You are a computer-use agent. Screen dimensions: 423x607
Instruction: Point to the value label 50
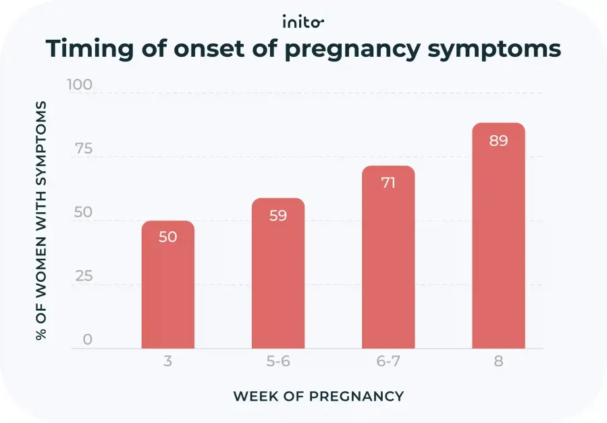tap(167, 237)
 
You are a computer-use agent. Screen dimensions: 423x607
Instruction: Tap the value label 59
tap(278, 216)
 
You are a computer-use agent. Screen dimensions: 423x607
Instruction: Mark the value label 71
tap(388, 182)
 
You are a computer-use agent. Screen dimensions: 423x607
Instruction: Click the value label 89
tap(498, 141)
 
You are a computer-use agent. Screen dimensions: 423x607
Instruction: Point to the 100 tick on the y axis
tap(80, 85)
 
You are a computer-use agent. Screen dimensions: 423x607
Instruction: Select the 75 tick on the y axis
tap(83, 149)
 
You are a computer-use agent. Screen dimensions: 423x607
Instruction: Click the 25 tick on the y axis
tap(83, 276)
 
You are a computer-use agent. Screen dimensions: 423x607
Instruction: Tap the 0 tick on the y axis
tap(87, 339)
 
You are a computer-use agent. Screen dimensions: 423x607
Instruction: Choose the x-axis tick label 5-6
tap(278, 362)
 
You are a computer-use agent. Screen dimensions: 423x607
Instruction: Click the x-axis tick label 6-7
tap(388, 362)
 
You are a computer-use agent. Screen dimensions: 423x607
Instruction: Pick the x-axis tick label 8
tap(498, 362)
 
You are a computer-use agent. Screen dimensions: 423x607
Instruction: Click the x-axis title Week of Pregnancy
tap(318, 397)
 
